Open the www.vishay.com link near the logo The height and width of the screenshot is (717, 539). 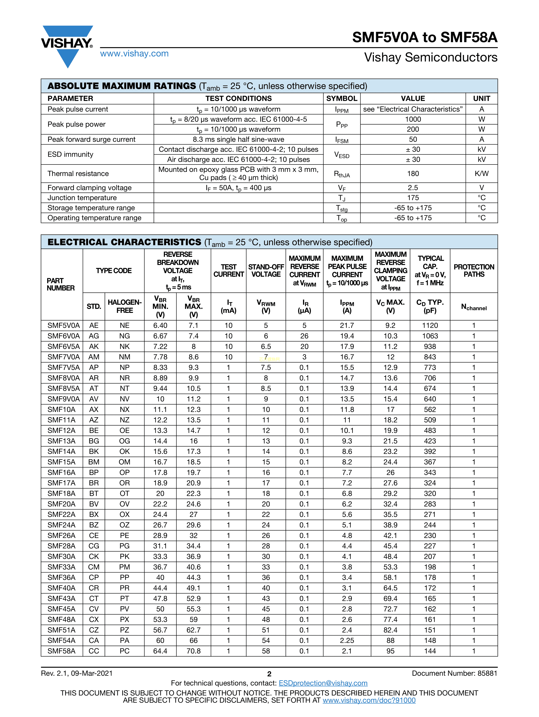[x=134, y=53]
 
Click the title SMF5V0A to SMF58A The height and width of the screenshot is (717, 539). [x=425, y=37]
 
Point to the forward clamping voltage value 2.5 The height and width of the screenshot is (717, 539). [x=413, y=188]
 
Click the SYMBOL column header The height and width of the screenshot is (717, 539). [x=342, y=99]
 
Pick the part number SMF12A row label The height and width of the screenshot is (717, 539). [x=61, y=430]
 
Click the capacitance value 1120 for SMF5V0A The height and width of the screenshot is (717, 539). [x=430, y=325]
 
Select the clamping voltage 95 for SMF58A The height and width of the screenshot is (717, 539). [x=390, y=651]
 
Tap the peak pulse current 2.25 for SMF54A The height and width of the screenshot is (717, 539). [x=347, y=641]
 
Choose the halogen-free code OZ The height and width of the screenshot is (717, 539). [x=124, y=525]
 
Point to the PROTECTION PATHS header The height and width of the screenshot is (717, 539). [x=474, y=271]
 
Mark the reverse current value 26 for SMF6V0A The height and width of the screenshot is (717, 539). [x=304, y=336]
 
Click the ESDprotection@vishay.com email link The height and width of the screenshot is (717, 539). [x=323, y=683]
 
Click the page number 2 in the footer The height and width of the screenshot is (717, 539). [x=269, y=674]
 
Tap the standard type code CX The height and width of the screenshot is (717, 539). [x=94, y=619]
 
